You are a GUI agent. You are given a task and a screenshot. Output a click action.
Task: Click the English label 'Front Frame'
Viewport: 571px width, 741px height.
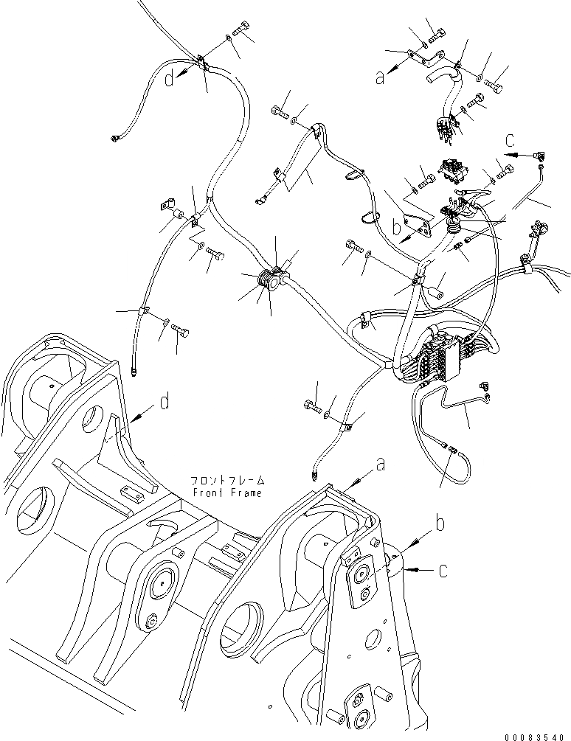point(226,493)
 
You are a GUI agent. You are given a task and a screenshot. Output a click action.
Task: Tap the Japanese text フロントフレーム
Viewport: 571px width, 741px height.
point(226,479)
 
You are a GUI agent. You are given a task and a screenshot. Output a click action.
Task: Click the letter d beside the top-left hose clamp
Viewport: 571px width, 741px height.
point(170,77)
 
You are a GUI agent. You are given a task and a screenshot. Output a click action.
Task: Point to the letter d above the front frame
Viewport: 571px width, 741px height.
point(165,402)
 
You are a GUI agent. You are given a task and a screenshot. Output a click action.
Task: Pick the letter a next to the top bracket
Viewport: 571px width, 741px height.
point(381,76)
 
